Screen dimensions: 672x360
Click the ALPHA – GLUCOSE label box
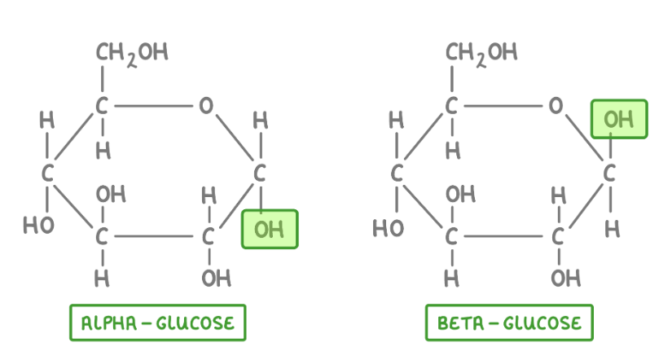coord(158,323)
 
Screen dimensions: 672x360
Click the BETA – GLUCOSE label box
coord(509,323)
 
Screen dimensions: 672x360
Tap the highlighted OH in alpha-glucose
coord(270,230)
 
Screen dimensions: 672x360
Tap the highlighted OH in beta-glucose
coord(619,119)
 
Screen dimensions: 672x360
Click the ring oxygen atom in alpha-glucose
coord(206,105)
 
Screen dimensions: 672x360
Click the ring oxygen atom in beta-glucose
coord(556,105)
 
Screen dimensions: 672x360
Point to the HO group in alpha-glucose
coord(38,225)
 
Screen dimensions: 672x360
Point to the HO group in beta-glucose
coord(389,227)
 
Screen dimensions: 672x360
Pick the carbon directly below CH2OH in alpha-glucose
coord(102,105)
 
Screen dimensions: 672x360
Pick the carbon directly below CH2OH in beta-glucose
coord(451,105)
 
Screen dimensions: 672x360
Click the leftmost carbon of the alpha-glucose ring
coord(47,173)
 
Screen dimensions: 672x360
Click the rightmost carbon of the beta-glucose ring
coord(609,173)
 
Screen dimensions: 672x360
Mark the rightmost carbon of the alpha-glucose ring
coord(260,173)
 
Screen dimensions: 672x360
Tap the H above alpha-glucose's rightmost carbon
coord(261,121)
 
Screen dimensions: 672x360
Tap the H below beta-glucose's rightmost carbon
coord(612,230)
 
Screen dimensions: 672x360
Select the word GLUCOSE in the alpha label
coord(195,323)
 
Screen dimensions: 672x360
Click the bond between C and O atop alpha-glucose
coord(153,105)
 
